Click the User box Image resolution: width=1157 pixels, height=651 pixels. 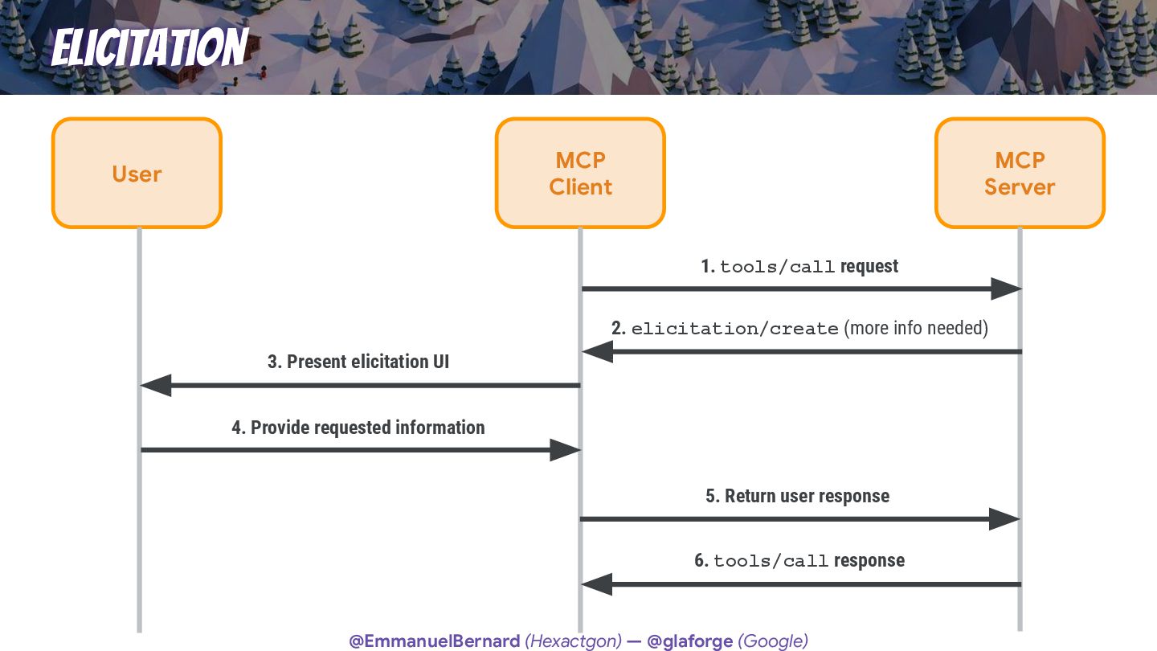[137, 173]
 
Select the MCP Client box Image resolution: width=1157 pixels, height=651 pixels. [580, 173]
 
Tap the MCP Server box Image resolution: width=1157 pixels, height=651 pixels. [1020, 173]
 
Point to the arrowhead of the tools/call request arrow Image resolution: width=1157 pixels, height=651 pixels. [1005, 289]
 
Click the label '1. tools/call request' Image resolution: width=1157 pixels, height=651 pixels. [799, 267]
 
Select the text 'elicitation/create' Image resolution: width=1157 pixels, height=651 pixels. [734, 329]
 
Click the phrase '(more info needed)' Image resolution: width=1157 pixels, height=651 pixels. [916, 328]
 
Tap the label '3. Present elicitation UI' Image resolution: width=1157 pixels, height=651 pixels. [358, 362]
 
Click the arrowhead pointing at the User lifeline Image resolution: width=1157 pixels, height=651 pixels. [156, 386]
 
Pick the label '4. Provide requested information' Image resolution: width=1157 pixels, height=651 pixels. [358, 428]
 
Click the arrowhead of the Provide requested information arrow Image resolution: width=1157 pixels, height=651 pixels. [565, 450]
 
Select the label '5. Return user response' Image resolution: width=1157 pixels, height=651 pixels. [798, 496]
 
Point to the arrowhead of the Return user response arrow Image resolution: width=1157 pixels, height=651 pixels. [1004, 519]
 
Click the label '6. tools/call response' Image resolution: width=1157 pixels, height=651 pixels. [799, 561]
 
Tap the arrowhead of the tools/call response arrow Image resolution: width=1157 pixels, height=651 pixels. [596, 584]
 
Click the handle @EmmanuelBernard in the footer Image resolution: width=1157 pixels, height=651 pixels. [434, 641]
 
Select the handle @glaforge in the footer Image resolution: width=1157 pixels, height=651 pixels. [690, 641]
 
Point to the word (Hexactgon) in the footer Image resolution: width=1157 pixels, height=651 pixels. [573, 641]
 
